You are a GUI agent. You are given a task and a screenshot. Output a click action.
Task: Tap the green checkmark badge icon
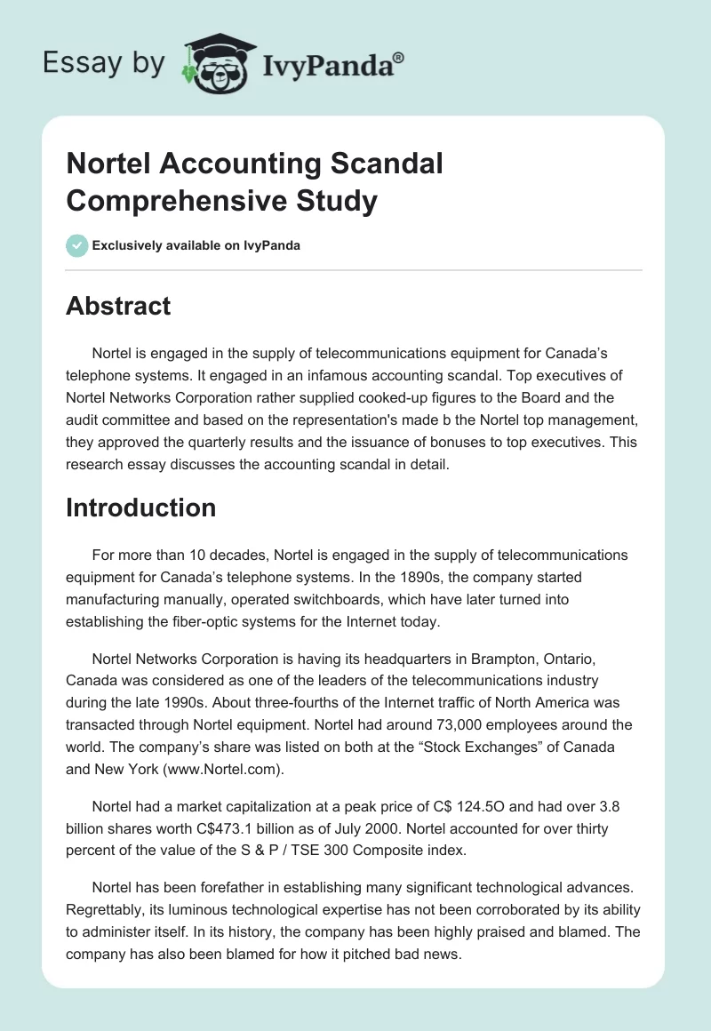[77, 245]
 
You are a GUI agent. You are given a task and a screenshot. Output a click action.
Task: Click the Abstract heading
[118, 306]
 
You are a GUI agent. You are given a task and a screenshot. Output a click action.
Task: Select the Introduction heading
[141, 508]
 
